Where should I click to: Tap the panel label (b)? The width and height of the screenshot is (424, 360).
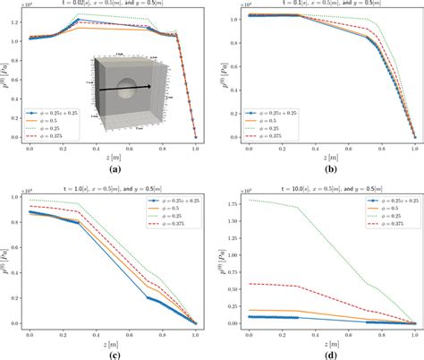click(324, 168)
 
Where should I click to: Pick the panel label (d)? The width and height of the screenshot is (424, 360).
click(324, 351)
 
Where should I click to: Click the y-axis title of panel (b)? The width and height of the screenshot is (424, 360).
click(220, 76)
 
